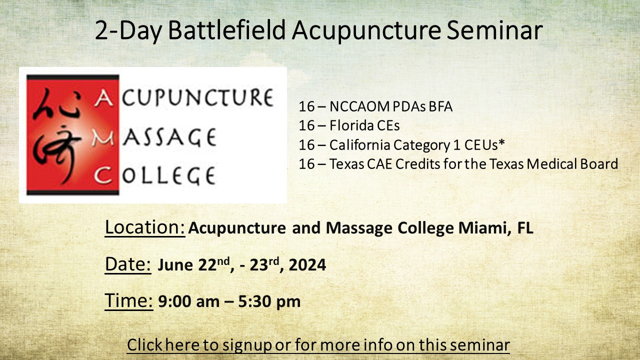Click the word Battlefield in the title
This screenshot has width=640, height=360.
pos(227,30)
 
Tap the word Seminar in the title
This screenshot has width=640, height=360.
pos(494,30)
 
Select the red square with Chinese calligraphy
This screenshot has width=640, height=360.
pos(72,135)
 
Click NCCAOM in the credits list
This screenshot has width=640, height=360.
pos(359,106)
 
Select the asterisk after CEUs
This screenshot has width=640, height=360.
pos(501,142)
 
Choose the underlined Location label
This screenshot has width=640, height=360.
pos(145,227)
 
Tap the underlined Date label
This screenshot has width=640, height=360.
pos(128,264)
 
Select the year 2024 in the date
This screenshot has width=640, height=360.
pos(307,265)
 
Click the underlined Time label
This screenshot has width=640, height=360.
pos(129,301)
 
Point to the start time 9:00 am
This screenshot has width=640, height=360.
pos(189,301)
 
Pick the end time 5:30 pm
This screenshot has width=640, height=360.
pos(269,301)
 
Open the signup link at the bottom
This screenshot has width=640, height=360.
pos(318,344)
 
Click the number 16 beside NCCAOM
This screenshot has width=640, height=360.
pos(306,106)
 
